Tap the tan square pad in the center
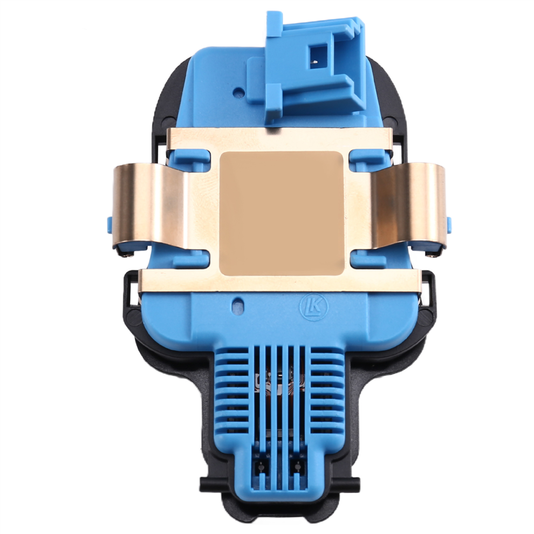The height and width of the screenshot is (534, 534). tap(282, 213)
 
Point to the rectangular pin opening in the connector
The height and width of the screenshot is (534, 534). tap(318, 56)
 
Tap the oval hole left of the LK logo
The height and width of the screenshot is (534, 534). tap(237, 303)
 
